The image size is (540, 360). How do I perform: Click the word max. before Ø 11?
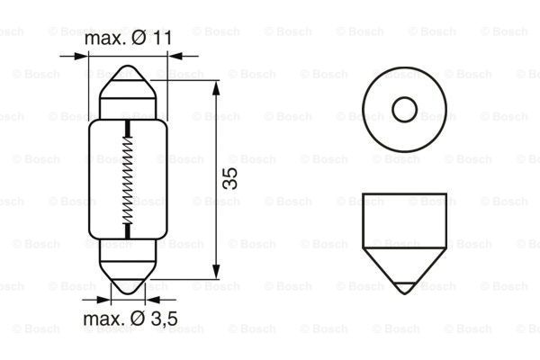coord(104,40)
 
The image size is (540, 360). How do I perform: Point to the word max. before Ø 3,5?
coord(103,319)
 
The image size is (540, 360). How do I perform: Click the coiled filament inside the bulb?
coord(128,179)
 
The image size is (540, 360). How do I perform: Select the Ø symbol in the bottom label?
coord(134,319)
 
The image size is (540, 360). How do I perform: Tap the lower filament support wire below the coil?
coord(128,231)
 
